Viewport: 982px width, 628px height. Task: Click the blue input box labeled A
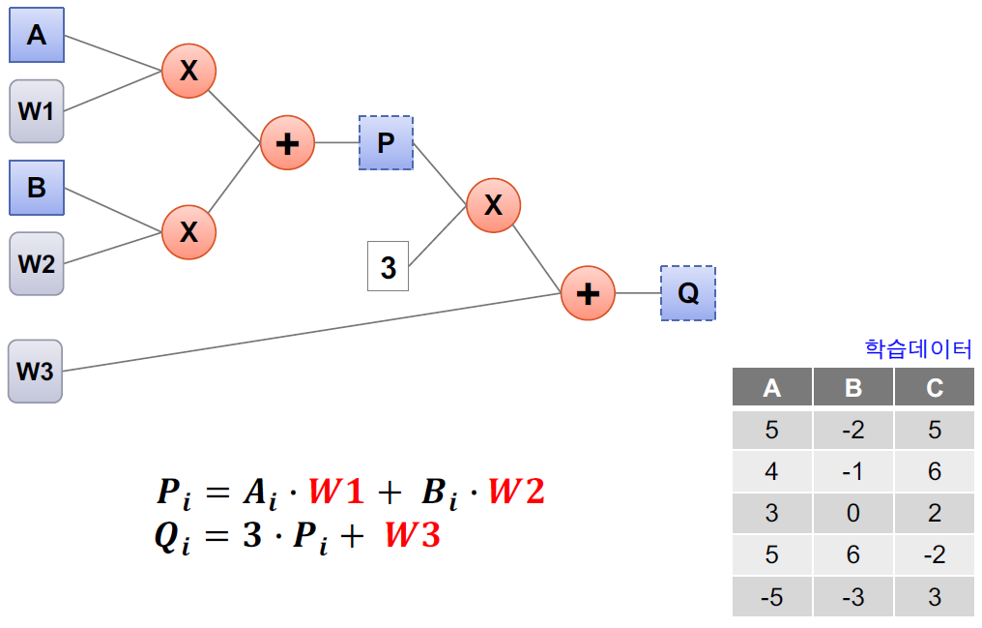pos(37,36)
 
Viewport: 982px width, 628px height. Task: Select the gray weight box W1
pos(37,111)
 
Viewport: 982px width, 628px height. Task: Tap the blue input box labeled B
pos(37,187)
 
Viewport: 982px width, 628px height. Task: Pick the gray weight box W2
pos(37,263)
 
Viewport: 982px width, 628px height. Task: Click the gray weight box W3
pos(36,371)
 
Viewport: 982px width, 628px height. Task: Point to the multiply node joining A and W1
pos(188,70)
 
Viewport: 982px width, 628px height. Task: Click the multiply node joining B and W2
pos(188,231)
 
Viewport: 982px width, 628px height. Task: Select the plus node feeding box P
pos(287,143)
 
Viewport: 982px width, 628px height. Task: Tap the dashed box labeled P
pos(386,143)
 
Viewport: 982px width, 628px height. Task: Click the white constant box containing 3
pos(388,267)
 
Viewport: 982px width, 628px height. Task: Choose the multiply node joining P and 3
pos(493,204)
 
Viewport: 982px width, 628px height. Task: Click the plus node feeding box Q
pos(589,292)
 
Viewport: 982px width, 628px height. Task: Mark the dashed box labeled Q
pos(688,292)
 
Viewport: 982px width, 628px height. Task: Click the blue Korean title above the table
pos(917,348)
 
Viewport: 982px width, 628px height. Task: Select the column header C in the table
pos(934,388)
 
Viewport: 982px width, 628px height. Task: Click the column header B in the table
pos(852,388)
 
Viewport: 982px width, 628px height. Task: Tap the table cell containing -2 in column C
pos(934,554)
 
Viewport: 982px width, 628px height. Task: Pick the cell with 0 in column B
pos(852,513)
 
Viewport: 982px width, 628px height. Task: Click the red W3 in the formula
pos(413,535)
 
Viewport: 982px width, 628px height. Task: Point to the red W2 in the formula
pos(516,492)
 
